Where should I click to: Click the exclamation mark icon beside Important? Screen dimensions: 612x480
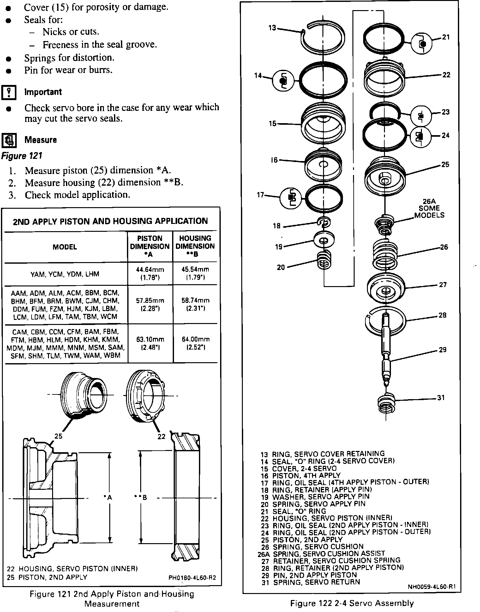pyautogui.click(x=9, y=93)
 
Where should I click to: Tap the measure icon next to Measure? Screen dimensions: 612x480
pyautogui.click(x=9, y=140)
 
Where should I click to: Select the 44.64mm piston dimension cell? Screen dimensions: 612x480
pyautogui.click(x=150, y=273)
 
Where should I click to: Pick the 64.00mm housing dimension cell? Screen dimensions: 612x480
pyautogui.click(x=195, y=343)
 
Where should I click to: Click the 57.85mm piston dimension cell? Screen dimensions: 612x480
pyautogui.click(x=150, y=304)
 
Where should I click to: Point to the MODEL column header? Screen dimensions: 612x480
pyautogui.click(x=65, y=247)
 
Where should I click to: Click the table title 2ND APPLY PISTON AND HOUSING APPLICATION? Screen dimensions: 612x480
pyautogui.click(x=110, y=221)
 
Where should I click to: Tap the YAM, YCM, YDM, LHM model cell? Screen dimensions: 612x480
pyautogui.click(x=65, y=274)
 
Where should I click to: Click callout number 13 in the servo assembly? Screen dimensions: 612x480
pyautogui.click(x=272, y=28)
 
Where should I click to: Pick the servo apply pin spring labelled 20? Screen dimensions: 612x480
pyautogui.click(x=324, y=260)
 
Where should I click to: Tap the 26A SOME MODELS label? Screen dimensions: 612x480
pyautogui.click(x=429, y=208)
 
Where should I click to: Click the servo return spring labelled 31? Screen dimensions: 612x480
pyautogui.click(x=386, y=403)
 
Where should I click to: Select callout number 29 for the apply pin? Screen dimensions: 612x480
pyautogui.click(x=442, y=350)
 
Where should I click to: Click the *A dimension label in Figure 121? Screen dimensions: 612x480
pyautogui.click(x=108, y=498)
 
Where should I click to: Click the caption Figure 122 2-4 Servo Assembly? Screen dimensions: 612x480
pyautogui.click(x=352, y=603)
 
